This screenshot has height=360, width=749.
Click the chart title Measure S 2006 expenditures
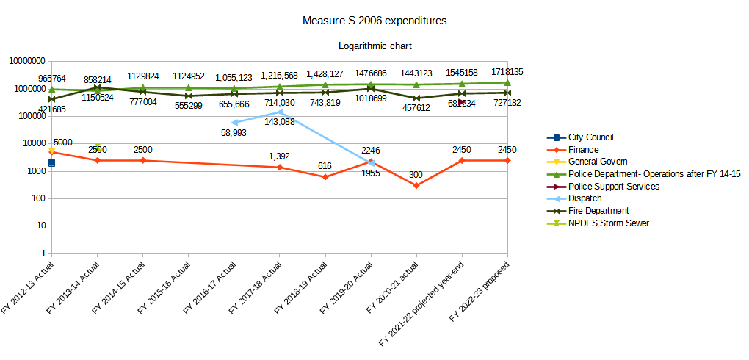click(374, 21)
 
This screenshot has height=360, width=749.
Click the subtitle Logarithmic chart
click(374, 46)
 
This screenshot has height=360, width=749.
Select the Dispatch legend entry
click(585, 198)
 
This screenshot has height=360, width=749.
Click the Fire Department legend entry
click(598, 211)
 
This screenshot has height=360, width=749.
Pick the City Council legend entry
click(590, 137)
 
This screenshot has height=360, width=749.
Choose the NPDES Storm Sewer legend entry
click(608, 223)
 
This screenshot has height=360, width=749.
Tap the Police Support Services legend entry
click(613, 187)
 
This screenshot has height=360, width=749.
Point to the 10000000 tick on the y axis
click(25, 61)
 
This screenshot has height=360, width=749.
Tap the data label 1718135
click(507, 72)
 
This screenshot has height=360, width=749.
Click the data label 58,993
click(234, 133)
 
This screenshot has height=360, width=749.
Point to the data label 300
click(416, 175)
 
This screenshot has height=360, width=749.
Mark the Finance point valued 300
click(416, 185)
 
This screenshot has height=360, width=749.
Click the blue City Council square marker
click(51, 163)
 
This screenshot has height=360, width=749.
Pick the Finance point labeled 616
click(325, 177)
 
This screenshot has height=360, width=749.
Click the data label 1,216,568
click(280, 76)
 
